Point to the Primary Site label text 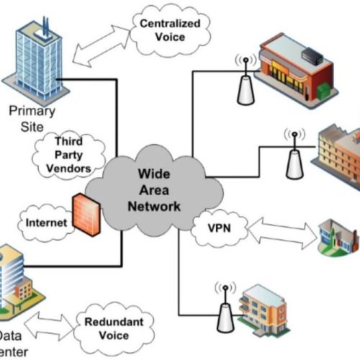click(32, 118)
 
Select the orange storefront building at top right click(295, 68)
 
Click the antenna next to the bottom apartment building click(224, 306)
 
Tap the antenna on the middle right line click(293, 155)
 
